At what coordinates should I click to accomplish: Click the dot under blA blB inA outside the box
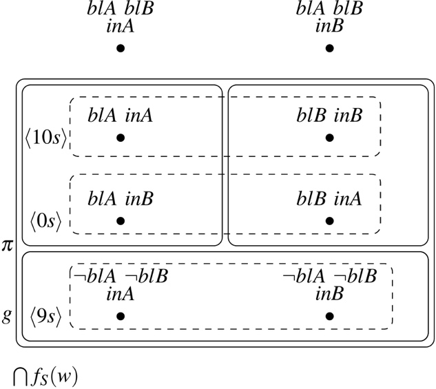click(121, 49)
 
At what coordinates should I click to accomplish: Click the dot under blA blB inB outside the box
click(330, 49)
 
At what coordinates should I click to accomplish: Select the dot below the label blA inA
click(121, 138)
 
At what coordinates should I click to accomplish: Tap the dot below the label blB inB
click(330, 138)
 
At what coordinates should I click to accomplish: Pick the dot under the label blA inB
click(121, 221)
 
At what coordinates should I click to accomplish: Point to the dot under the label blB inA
click(330, 221)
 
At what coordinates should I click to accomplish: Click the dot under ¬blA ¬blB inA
click(121, 316)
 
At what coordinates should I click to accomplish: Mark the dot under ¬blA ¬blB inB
click(330, 316)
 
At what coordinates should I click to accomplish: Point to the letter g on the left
click(7, 316)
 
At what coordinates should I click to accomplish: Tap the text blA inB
click(120, 199)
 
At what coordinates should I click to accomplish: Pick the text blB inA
click(329, 199)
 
